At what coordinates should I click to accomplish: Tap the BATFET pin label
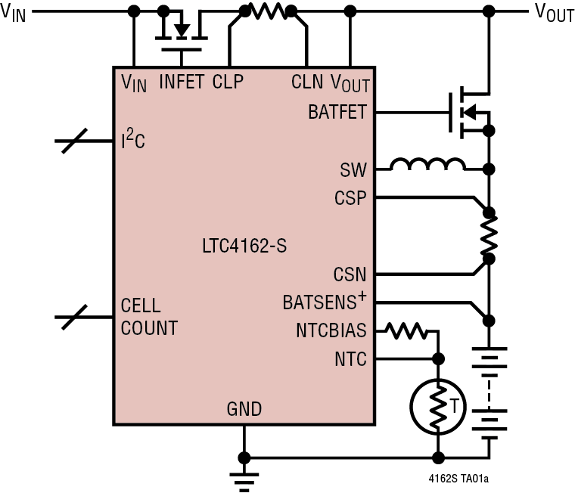[337, 113]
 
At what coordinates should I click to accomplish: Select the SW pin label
[353, 169]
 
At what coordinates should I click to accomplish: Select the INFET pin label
[182, 82]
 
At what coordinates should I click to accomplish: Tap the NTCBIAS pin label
[331, 331]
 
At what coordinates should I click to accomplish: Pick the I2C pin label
[133, 140]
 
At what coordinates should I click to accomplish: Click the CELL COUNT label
[148, 318]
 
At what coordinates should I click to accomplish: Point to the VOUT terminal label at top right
[554, 13]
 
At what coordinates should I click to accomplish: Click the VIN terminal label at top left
[14, 13]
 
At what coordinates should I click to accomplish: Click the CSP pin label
[350, 199]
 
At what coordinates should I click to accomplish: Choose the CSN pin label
[350, 274]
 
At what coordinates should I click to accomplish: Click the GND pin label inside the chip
[244, 410]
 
